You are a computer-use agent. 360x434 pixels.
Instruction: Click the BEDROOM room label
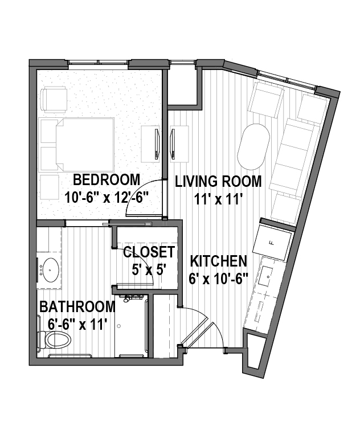pos(107,179)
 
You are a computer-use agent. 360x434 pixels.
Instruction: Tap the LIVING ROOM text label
pos(219,182)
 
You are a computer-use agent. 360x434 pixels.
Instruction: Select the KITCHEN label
pos(219,261)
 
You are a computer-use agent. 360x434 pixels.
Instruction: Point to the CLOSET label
pos(149,252)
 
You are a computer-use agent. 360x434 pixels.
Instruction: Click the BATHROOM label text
pos(77,306)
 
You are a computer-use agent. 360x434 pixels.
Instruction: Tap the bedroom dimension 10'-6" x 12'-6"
pos(107,197)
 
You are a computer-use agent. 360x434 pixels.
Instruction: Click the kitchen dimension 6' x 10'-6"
pos(219,279)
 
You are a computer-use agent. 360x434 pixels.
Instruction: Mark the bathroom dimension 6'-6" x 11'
pos(77,324)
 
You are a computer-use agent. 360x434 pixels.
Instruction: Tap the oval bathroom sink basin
pos(50,270)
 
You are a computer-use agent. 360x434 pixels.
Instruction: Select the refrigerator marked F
pos(273,243)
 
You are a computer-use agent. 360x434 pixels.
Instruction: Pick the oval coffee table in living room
pos(253,146)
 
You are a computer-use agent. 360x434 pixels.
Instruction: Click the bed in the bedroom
pos(85,144)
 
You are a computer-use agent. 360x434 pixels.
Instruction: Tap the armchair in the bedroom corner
pos(55,99)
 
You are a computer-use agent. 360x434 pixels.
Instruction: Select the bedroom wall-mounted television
pos(157,144)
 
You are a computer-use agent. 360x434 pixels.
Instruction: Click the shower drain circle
pos(119,326)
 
